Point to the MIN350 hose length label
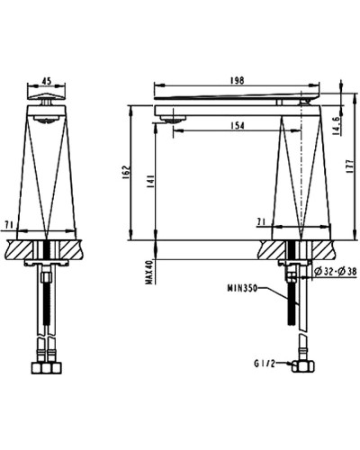point(242,290)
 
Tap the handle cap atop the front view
point(43,96)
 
